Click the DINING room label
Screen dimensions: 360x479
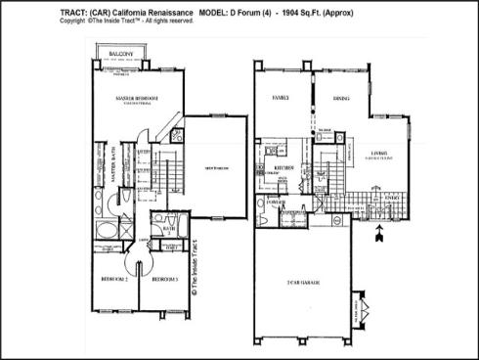[341, 98]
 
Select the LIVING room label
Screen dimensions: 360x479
[377, 153]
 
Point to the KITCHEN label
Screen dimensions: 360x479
[284, 167]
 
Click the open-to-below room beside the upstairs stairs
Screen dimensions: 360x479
[210, 166]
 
